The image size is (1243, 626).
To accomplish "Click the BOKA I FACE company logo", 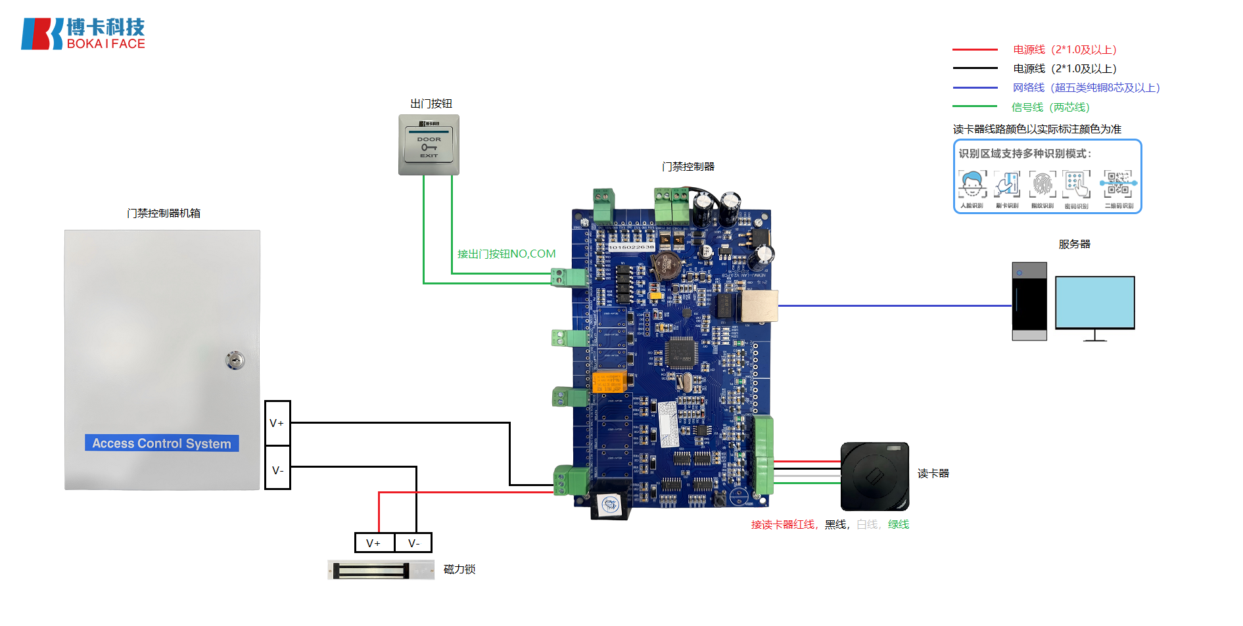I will tap(83, 34).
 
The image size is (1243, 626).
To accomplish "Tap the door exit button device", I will tap(429, 145).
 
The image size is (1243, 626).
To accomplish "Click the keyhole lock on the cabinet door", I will tap(235, 360).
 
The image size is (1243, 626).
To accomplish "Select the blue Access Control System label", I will tap(162, 443).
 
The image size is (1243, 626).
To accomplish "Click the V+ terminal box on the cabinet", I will tap(277, 423).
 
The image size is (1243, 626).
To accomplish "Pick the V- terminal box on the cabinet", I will tap(277, 470).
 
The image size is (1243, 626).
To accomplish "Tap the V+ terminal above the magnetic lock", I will tap(374, 543).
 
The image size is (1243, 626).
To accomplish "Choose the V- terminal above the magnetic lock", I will tap(413, 543).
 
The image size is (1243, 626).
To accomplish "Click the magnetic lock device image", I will tap(381, 570).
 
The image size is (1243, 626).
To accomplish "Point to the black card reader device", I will tap(874, 476).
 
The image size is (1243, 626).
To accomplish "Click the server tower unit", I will tap(1029, 301).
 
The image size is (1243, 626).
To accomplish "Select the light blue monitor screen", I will tap(1094, 302).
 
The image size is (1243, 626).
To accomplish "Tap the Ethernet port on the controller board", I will tap(760, 306).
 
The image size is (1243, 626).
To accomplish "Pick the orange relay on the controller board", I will tap(607, 382).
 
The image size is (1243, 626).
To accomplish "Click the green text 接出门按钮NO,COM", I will tap(506, 254).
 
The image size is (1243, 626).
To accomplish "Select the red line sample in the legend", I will tap(975, 50).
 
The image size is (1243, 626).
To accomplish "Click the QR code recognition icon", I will tap(1119, 185).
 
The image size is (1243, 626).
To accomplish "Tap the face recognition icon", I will tap(972, 185).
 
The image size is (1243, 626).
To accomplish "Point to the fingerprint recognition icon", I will tap(1043, 185).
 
